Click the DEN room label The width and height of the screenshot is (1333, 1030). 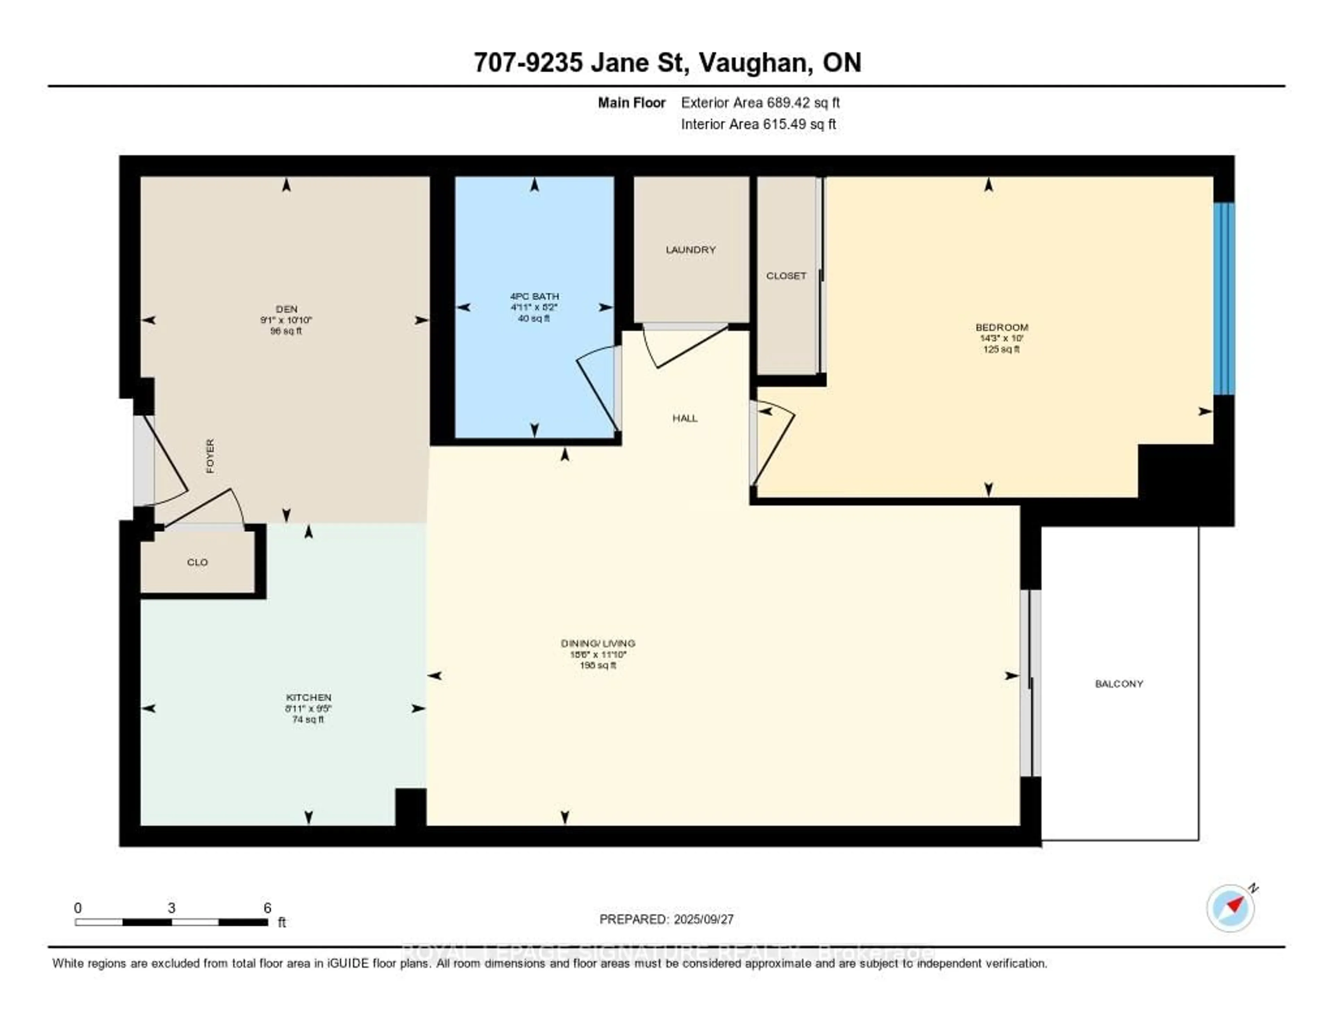(286, 309)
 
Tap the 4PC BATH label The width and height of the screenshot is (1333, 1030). (535, 296)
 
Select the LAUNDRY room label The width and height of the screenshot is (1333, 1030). (690, 250)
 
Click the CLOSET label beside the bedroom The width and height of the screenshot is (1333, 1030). (786, 276)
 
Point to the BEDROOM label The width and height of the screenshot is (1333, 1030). (1001, 327)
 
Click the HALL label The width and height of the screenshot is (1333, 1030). (685, 418)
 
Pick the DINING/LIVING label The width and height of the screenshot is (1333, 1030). (598, 643)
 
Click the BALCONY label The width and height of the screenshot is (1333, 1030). (1119, 684)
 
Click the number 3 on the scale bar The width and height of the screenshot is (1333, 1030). (171, 908)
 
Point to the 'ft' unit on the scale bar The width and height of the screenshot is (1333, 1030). (282, 923)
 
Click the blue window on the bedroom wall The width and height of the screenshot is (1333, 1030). (1224, 299)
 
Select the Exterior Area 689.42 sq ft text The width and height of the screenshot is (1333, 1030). (760, 102)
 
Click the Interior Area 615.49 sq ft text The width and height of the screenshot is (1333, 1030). (758, 125)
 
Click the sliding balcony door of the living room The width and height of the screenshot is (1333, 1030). (1030, 683)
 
